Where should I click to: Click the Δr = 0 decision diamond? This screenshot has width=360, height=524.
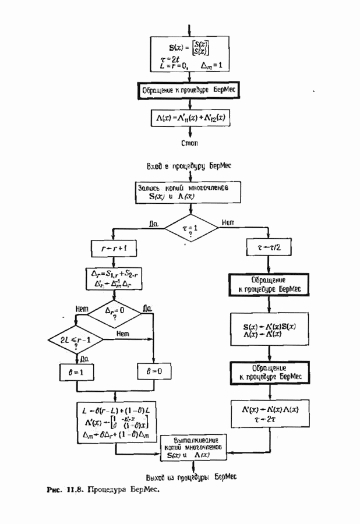[x=114, y=315]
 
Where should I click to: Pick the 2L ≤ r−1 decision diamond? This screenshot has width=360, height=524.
[x=75, y=338]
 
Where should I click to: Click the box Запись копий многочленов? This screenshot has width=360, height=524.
[x=190, y=193]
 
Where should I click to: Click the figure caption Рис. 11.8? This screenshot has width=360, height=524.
[x=103, y=489]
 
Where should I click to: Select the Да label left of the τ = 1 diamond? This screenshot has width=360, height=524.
[x=154, y=222]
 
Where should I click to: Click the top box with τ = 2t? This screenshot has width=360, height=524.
[x=190, y=54]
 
